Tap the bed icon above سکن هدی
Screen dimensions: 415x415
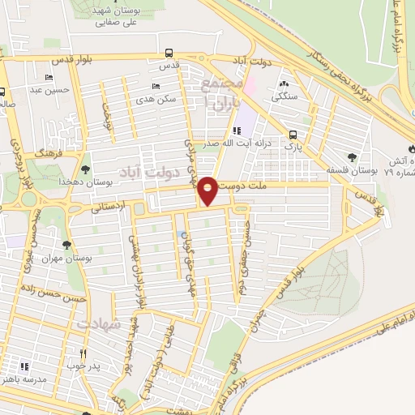156,87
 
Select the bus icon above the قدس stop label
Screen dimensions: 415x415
169,52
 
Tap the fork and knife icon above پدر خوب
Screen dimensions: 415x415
83,354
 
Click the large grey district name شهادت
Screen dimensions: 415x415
100,323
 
